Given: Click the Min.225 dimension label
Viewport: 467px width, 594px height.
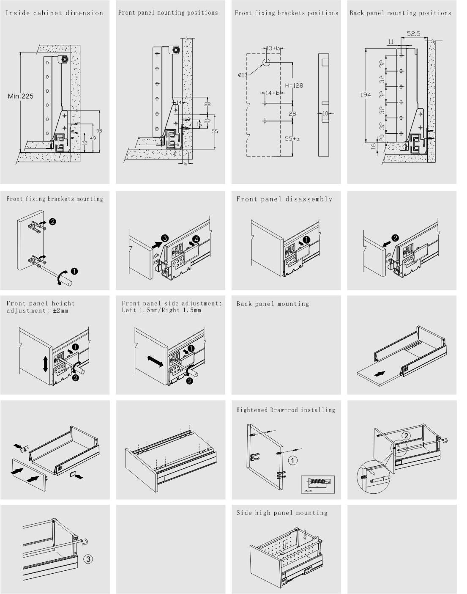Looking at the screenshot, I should tap(20, 96).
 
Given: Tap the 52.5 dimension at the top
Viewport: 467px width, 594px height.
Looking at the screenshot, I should tap(413, 34).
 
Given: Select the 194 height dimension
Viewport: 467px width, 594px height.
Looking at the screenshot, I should tap(366, 95).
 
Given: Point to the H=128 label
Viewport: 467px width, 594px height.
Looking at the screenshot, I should tap(294, 85).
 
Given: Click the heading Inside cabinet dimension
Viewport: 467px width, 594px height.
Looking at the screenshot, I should tap(54, 13).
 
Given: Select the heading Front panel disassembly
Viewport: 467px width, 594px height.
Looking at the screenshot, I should tap(284, 199).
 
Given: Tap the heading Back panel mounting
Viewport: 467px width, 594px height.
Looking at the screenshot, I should tap(273, 304).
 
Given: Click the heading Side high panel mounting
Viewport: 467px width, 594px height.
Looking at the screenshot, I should tap(282, 513).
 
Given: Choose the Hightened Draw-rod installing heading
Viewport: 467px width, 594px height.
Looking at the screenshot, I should tap(285, 410).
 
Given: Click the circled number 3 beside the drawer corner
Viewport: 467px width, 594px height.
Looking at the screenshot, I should tap(88, 559).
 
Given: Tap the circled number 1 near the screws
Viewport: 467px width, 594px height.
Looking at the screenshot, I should tap(293, 459).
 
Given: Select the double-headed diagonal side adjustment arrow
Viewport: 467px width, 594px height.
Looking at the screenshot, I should tap(155, 361).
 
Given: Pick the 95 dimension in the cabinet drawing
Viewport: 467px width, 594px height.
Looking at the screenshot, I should tap(100, 130).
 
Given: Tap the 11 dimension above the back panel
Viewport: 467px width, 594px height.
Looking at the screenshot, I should tap(391, 41).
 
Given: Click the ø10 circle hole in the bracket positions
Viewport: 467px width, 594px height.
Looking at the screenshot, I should tap(267, 63).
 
